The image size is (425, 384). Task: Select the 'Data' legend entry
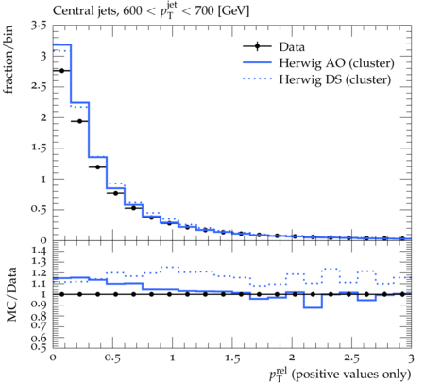[x=274, y=46]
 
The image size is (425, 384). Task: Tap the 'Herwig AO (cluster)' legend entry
[x=318, y=63]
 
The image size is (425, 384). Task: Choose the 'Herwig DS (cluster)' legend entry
[x=317, y=79]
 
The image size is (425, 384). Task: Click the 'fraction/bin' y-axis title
[x=8, y=60]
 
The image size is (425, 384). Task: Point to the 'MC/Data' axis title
[x=11, y=294]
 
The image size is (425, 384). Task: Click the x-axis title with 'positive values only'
[x=340, y=374]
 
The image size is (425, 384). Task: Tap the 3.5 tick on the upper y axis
[x=39, y=26]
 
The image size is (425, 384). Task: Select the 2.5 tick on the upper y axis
[x=39, y=87]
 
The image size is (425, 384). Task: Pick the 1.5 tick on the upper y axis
[x=39, y=148]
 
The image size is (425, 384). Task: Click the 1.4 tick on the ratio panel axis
[x=39, y=252]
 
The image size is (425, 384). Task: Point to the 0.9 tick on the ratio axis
[x=39, y=305]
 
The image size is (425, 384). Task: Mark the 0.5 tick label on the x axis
[x=112, y=358]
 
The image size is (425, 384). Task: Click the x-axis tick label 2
[x=292, y=358]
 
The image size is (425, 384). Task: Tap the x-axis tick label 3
[x=411, y=358]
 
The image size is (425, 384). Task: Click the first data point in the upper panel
[x=61, y=71]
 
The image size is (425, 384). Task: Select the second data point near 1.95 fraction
[x=79, y=121]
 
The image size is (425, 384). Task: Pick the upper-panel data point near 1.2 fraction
[x=97, y=166]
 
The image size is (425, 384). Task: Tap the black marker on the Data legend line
[x=257, y=46]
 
